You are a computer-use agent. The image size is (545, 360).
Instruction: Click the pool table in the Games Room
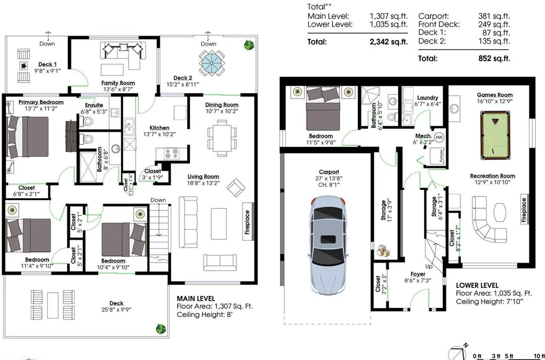tap(496, 135)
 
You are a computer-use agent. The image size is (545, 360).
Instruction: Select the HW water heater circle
tap(440, 137)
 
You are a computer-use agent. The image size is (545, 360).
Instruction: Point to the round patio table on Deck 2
tap(211, 62)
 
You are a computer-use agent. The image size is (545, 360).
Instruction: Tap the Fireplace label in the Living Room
tap(247, 222)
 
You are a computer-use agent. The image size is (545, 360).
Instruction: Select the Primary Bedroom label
tap(41, 102)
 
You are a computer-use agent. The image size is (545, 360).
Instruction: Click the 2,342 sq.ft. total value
tap(388, 42)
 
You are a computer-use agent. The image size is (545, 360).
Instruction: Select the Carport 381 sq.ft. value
tap(494, 16)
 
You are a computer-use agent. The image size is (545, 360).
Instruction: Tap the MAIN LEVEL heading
tap(196, 299)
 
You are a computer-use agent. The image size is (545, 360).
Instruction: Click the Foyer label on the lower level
tap(418, 274)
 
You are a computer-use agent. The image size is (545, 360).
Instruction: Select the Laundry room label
tap(428, 97)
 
